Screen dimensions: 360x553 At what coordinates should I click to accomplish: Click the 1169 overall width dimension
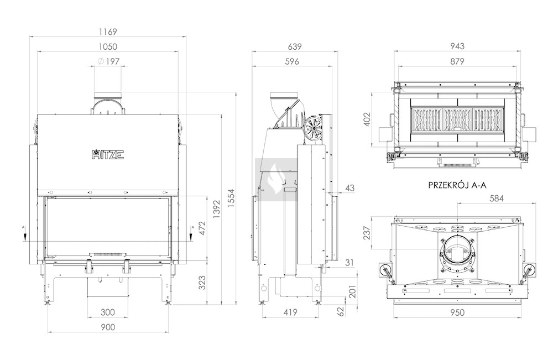(108, 32)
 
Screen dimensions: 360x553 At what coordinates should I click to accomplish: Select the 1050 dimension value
(108, 46)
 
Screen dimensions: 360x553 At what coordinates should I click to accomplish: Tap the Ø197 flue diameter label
(108, 61)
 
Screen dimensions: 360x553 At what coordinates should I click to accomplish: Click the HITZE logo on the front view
(107, 154)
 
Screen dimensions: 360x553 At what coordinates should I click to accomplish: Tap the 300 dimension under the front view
(108, 312)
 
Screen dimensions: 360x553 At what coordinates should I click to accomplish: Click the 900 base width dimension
(108, 327)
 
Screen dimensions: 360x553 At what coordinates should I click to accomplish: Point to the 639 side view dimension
(295, 46)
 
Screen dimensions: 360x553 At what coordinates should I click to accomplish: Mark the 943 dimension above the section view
(457, 46)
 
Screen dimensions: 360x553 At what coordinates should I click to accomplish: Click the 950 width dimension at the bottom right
(457, 312)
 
